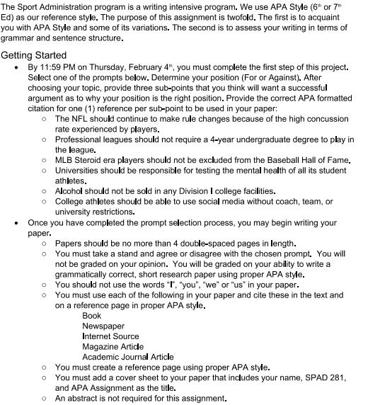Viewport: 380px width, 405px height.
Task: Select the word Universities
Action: click(x=79, y=171)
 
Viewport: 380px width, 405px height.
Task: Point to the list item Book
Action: click(x=92, y=316)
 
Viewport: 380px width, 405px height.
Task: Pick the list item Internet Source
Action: click(x=110, y=336)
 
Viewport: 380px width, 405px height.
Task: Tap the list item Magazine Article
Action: click(x=113, y=346)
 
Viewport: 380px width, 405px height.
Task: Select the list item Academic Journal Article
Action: click(x=127, y=357)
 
